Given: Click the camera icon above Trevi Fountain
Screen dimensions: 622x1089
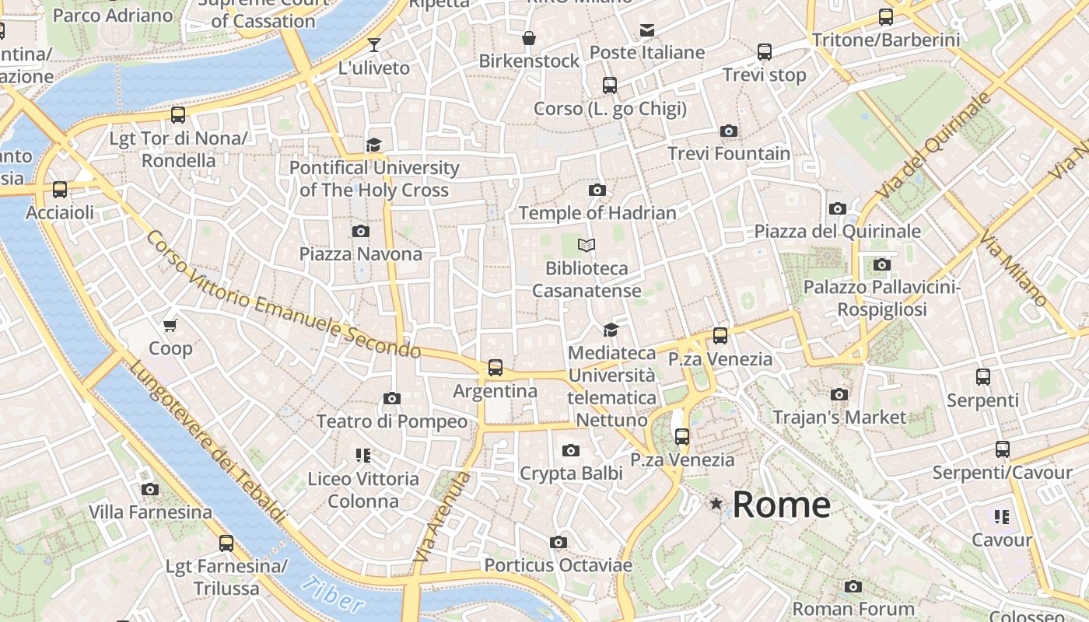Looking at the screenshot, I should coord(729,131).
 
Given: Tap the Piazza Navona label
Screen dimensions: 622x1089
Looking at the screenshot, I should coord(361,253).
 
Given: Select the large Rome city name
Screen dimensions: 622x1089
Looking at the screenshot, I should coord(781,505).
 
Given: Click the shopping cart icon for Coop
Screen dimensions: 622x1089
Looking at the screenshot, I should coord(170,325).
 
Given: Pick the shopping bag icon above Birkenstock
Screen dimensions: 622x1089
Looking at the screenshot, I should coord(529,38).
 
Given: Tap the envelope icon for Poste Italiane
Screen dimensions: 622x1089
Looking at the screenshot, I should coord(646,30).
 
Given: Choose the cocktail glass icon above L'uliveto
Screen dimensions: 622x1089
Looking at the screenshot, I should coord(373,45).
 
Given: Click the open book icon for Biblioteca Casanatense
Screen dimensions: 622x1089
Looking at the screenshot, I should coord(587,246).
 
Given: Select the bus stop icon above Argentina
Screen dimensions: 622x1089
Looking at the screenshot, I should coord(495,367).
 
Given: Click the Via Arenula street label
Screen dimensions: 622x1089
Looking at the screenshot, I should coord(442,517).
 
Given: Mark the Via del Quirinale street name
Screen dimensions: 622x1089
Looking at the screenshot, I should coord(933,145).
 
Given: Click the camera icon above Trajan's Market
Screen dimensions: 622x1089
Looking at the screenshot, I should coord(839,395).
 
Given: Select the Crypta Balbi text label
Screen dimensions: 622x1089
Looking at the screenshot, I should coord(571,473).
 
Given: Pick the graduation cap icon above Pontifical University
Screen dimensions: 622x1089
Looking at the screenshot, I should coord(374,145).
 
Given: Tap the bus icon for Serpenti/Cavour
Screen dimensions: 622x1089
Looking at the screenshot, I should coord(1002,449).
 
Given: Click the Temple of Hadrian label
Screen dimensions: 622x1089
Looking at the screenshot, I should coord(597,212).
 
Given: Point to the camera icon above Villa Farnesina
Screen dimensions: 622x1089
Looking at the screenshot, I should coord(150,490).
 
